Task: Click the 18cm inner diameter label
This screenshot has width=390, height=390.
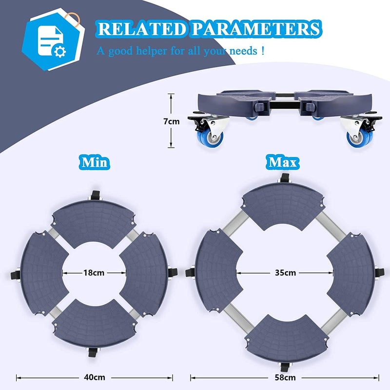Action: pos(94,273)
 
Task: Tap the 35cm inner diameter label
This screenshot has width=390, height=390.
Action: pos(285,273)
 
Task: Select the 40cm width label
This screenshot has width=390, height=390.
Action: pos(95,377)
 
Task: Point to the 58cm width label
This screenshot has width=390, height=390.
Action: pos(285,377)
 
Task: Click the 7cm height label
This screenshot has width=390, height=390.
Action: pos(172,121)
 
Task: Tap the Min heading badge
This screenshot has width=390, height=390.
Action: pos(95,162)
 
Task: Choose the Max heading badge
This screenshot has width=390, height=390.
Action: pos(283,162)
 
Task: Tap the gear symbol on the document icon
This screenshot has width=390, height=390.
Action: pos(60,52)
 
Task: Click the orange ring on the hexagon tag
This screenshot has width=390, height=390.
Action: pos(72,19)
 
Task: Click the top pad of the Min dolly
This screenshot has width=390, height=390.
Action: pos(94,223)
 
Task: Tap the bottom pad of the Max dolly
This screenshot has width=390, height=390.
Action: pos(287,336)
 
